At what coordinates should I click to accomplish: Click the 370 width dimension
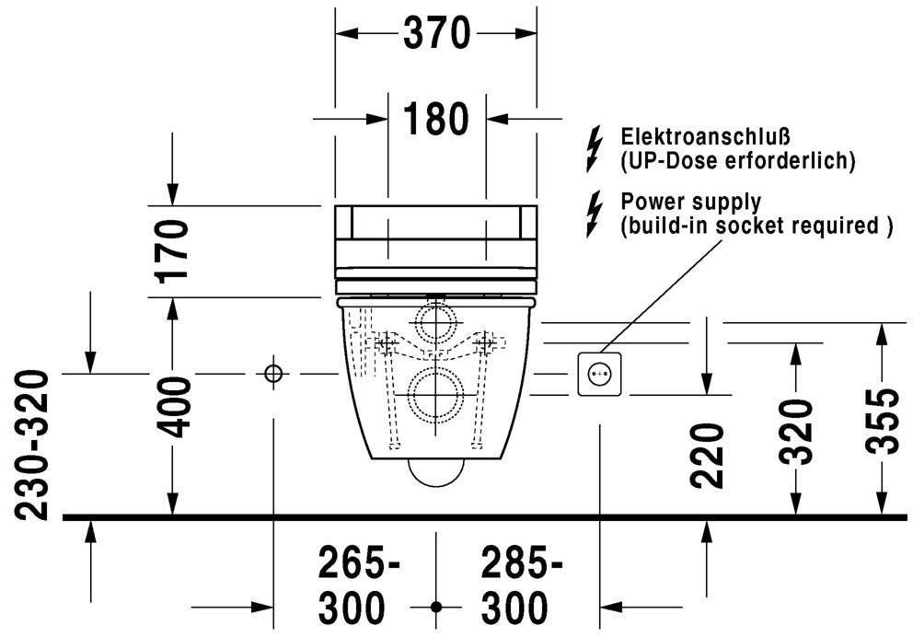click(x=436, y=34)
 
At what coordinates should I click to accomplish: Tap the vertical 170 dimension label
click(x=172, y=249)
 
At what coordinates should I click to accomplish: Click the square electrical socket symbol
click(x=600, y=374)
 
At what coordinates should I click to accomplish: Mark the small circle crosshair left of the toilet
click(x=273, y=374)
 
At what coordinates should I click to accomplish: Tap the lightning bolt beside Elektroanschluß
click(x=595, y=149)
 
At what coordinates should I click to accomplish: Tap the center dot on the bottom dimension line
click(x=436, y=608)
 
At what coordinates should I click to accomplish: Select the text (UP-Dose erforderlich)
click(x=738, y=161)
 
